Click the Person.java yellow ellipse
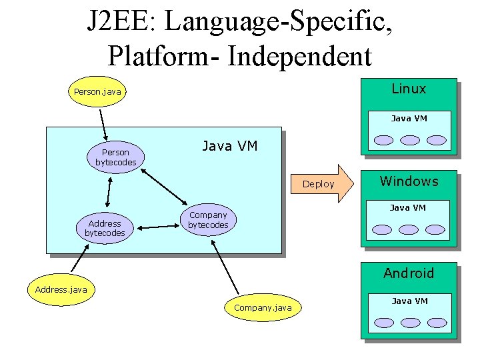[x=97, y=91]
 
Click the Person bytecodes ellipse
[x=112, y=157]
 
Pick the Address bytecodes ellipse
[x=105, y=229]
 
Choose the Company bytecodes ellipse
[x=208, y=220]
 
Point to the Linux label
[x=408, y=89]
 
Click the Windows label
[x=409, y=181]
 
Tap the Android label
[x=408, y=273]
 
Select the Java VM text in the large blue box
[x=229, y=146]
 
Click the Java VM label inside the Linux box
[x=409, y=119]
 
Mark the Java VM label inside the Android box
[x=409, y=301]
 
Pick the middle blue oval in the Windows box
[x=409, y=229]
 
